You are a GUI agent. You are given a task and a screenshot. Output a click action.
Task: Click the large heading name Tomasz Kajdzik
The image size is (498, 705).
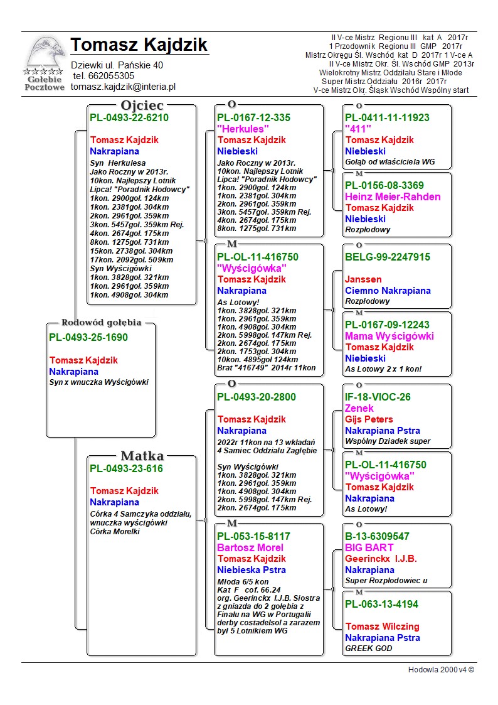pyautogui.click(x=139, y=45)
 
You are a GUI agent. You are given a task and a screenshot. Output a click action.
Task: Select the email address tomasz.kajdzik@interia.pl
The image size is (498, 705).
pyautogui.click(x=123, y=87)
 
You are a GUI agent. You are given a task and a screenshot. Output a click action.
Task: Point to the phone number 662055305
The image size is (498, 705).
pyautogui.click(x=112, y=76)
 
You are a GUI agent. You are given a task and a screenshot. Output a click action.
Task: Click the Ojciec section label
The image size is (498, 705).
pyautogui.click(x=142, y=105)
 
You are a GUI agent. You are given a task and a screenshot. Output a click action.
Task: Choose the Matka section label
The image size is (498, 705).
pyautogui.click(x=142, y=456)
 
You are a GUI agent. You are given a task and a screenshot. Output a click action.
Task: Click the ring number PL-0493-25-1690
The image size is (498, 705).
pyautogui.click(x=88, y=338)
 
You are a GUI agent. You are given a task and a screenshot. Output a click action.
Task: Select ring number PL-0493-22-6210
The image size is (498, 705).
pyautogui.click(x=129, y=117)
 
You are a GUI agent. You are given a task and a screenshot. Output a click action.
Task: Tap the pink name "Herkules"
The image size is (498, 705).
pyautogui.click(x=243, y=129)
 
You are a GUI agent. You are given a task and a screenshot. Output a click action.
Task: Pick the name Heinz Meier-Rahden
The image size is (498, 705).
pyautogui.click(x=393, y=196)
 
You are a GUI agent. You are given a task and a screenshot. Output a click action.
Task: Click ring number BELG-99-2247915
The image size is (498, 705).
pyautogui.click(x=387, y=257)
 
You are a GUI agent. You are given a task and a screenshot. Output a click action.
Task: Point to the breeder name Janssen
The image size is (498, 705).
pyautogui.click(x=363, y=279)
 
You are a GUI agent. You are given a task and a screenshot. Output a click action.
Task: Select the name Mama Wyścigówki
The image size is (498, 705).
pyautogui.click(x=389, y=336)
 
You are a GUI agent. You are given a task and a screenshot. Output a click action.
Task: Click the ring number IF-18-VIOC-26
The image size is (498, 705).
pyautogui.click(x=378, y=397)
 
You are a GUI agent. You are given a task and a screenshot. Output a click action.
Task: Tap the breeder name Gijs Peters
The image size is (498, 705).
pyautogui.click(x=369, y=419)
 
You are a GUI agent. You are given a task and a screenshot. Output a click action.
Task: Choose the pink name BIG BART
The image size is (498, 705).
pyautogui.click(x=369, y=547)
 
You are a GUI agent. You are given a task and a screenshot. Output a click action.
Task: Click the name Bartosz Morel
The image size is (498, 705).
pyautogui.click(x=250, y=547)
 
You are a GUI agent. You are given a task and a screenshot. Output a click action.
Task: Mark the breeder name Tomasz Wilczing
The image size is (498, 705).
pyautogui.click(x=382, y=627)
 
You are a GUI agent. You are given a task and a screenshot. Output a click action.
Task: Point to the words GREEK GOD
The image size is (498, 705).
pyautogui.click(x=369, y=648)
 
